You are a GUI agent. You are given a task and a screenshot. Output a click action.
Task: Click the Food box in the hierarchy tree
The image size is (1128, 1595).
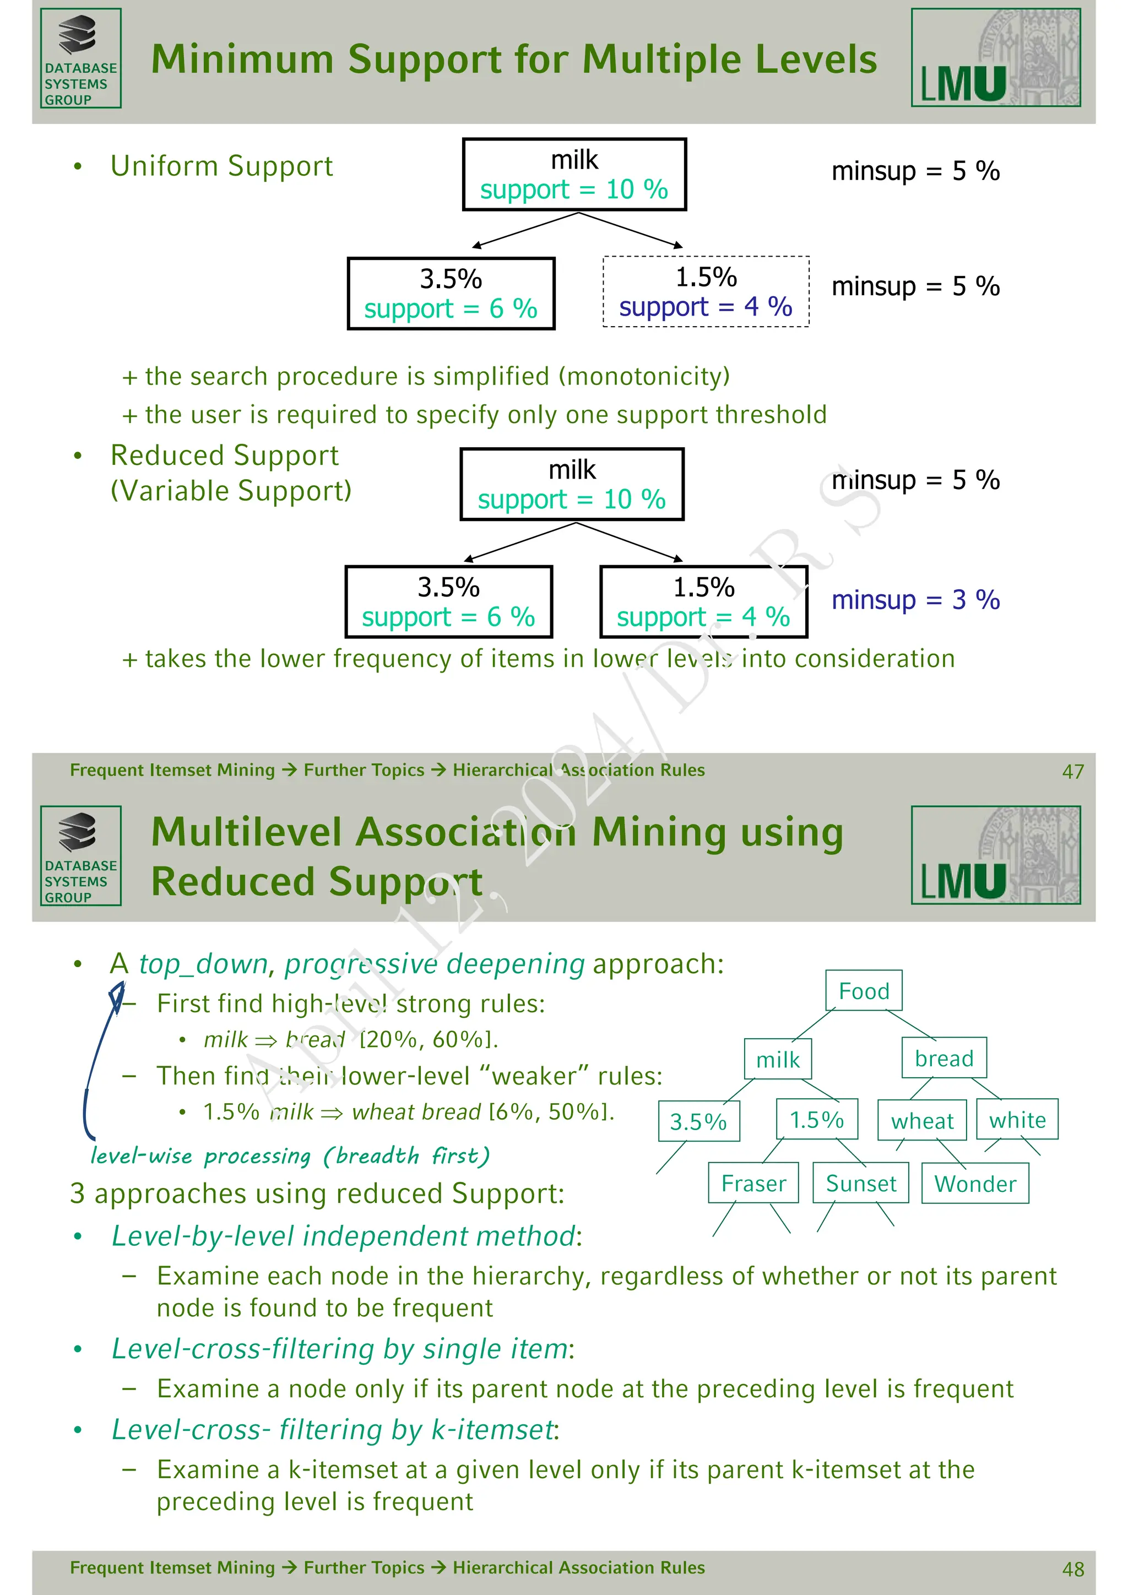click(x=864, y=991)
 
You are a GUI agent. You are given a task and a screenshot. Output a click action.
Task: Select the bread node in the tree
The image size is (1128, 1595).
click(x=943, y=1058)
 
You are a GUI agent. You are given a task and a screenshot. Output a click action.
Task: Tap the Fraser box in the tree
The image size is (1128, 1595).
click(x=753, y=1183)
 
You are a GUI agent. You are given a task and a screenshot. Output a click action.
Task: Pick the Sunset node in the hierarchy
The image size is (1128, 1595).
click(x=860, y=1183)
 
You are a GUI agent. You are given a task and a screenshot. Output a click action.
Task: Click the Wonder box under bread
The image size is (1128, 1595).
click(x=974, y=1184)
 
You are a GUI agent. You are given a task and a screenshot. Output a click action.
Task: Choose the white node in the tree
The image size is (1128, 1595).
click(x=1017, y=1120)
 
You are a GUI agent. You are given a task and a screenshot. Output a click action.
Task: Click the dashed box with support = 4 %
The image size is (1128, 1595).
click(x=706, y=292)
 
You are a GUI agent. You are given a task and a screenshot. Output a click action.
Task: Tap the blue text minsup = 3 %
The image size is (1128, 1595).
click(x=915, y=600)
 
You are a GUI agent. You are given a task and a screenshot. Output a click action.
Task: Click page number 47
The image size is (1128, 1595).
click(x=1072, y=772)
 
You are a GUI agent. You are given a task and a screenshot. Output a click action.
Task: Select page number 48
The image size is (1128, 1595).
click(x=1072, y=1569)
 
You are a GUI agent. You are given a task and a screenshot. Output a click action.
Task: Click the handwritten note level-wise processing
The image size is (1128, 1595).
click(x=290, y=1156)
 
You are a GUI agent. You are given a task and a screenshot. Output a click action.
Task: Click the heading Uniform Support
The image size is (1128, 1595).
click(x=221, y=166)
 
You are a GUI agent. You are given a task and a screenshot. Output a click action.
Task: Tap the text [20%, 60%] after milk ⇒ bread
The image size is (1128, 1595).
click(x=429, y=1039)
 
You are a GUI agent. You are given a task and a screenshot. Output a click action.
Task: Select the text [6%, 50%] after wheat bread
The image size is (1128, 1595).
click(x=551, y=1111)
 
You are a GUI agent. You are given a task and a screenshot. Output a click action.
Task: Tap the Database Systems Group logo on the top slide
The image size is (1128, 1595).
click(x=80, y=58)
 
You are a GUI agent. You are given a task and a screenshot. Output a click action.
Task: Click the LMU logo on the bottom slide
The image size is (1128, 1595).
click(x=995, y=855)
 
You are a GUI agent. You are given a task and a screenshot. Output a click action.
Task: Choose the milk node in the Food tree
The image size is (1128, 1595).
click(x=777, y=1060)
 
